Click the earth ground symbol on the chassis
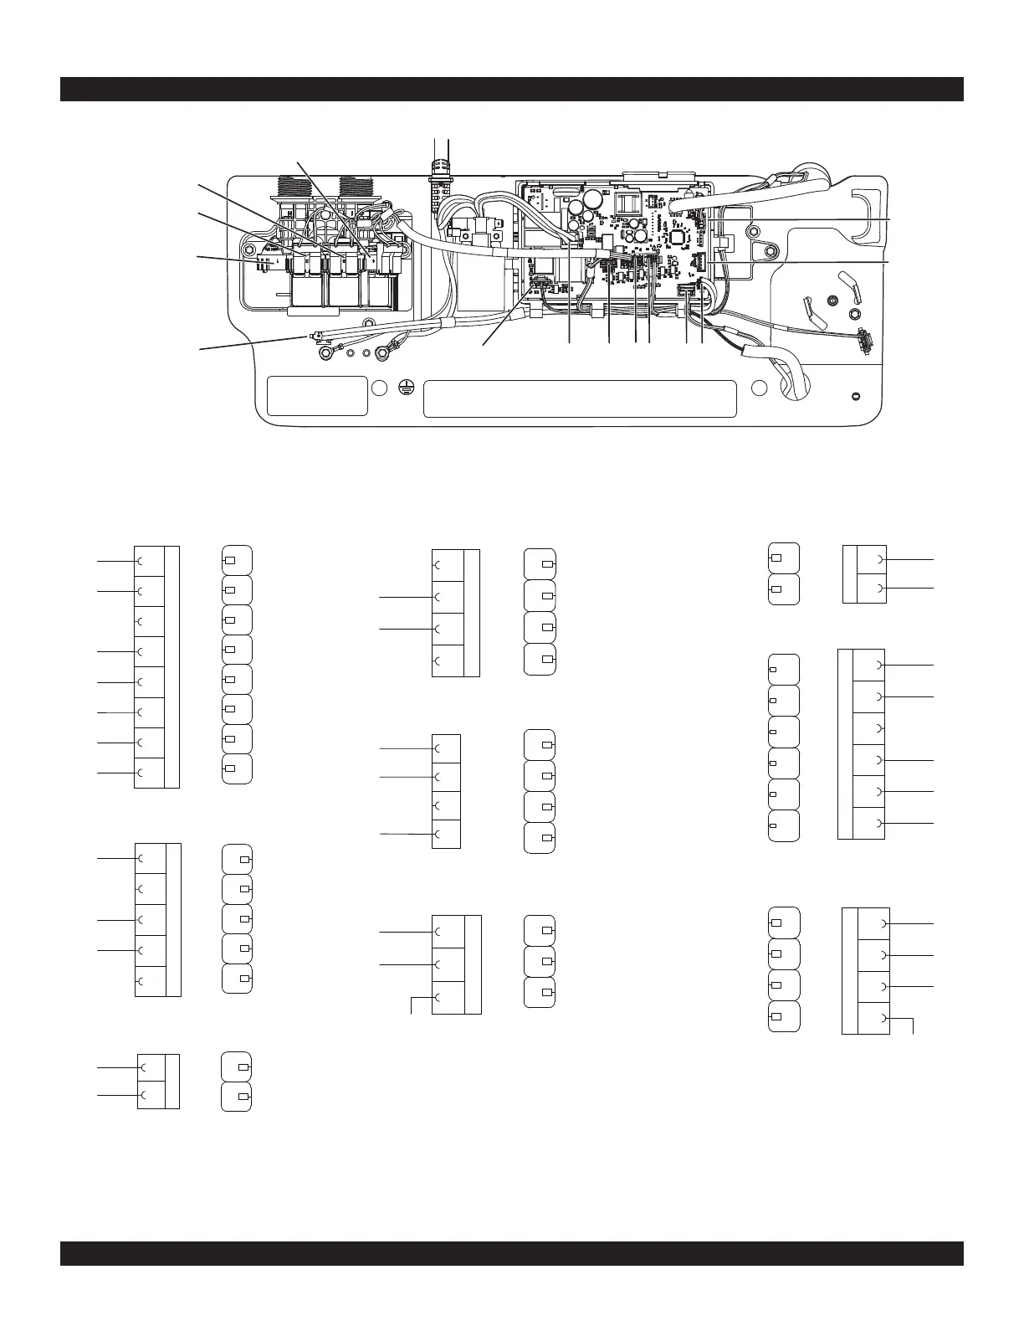[405, 387]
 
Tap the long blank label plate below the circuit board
[580, 398]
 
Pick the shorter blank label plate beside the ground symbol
[317, 396]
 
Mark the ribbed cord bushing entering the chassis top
[439, 167]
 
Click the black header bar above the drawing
[511, 89]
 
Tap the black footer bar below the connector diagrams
[511, 1253]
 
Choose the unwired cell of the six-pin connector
[869, 728]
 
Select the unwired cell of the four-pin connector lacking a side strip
[446, 805]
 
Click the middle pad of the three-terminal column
[539, 961]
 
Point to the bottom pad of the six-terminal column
[784, 825]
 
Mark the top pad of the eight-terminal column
[237, 559]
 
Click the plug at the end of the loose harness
[863, 341]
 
